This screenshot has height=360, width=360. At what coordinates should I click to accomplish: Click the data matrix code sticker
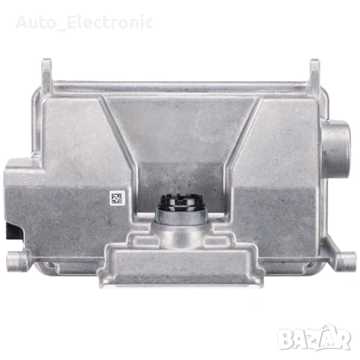click(x=116, y=198)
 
